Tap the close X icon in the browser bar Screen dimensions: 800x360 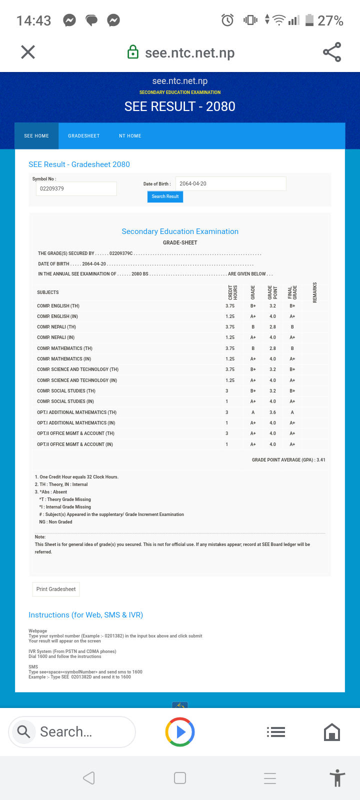(x=28, y=52)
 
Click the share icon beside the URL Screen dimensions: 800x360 (x=332, y=52)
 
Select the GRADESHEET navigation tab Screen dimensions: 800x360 (x=84, y=136)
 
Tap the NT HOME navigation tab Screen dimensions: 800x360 (x=130, y=136)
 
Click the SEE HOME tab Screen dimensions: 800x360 (x=36, y=136)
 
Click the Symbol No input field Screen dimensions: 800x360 (x=76, y=188)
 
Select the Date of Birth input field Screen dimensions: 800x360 (x=230, y=183)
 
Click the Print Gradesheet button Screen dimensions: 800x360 (x=56, y=589)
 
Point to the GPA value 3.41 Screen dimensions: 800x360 (x=321, y=460)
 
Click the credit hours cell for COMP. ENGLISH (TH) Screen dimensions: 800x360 (x=230, y=306)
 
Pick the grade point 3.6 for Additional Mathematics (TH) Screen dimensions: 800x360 (x=272, y=412)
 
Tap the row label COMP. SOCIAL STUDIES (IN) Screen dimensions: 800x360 (x=65, y=401)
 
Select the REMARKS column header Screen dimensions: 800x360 (x=315, y=292)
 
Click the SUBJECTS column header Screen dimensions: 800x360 (x=48, y=292)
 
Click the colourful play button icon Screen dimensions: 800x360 (x=180, y=732)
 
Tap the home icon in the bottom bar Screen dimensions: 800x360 (x=332, y=732)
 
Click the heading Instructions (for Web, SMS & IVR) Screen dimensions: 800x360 (x=86, y=615)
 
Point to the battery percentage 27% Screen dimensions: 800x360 (x=330, y=20)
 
